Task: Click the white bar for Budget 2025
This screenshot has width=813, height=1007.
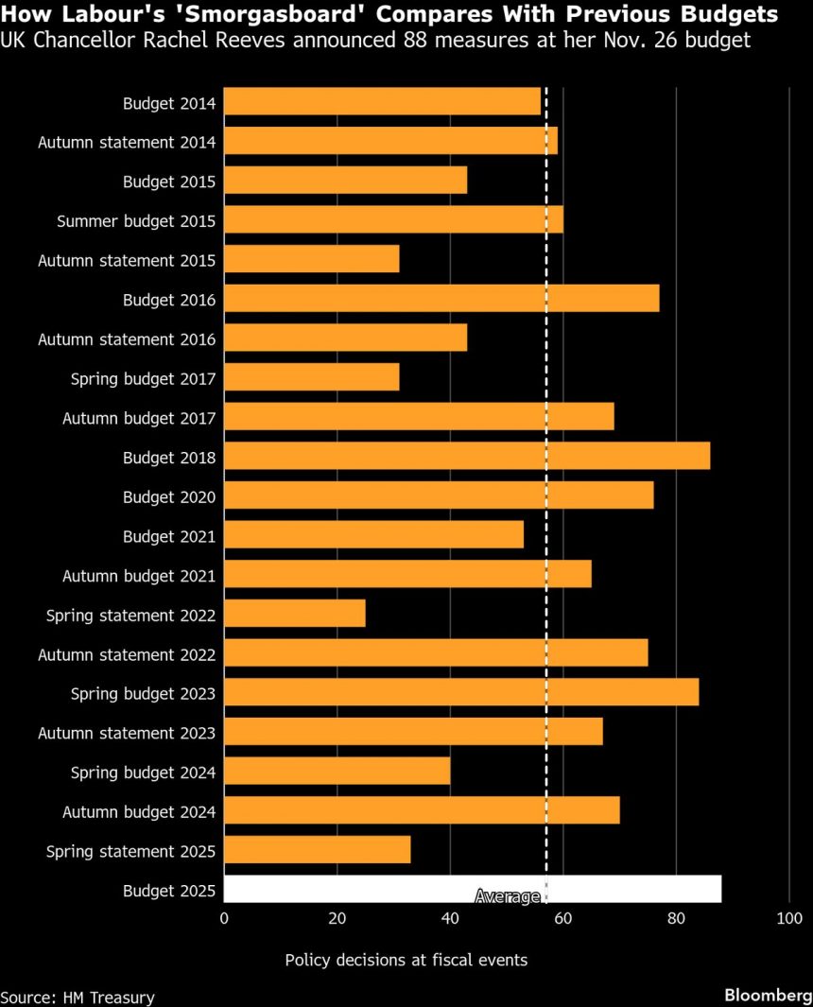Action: click(473, 890)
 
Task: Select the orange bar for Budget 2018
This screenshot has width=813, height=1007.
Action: click(467, 457)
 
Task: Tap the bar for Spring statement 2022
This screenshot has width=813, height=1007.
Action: click(295, 615)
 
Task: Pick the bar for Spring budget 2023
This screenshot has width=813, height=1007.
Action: click(461, 693)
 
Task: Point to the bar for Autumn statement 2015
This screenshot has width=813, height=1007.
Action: click(312, 259)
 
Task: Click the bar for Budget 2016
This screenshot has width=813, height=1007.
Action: click(441, 299)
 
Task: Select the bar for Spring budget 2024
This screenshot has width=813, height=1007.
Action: click(337, 772)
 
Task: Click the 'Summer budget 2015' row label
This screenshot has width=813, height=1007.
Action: click(136, 220)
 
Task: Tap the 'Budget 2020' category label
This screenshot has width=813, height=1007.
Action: click(169, 496)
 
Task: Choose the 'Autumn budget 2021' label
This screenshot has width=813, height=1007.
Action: click(139, 575)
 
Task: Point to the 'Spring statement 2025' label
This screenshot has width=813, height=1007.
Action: click(131, 851)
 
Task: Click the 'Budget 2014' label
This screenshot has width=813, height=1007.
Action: click(169, 102)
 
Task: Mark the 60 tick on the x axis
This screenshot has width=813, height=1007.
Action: click(563, 918)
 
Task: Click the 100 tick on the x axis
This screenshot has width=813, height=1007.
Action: click(788, 918)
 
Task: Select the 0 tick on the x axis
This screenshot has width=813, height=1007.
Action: click(224, 918)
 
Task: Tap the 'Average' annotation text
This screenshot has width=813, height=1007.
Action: click(508, 896)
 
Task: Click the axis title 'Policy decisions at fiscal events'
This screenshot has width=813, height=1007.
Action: click(406, 960)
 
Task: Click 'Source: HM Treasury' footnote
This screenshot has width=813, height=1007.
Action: click(78, 997)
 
